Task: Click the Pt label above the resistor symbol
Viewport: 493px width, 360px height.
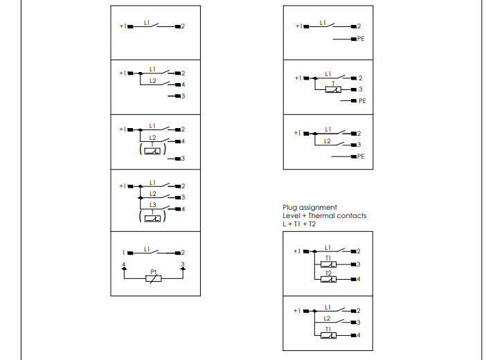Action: point(154,271)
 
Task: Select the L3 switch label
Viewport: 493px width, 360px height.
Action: point(153,204)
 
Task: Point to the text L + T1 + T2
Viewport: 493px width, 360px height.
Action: point(299,224)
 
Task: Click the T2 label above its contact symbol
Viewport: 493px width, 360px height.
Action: point(329,273)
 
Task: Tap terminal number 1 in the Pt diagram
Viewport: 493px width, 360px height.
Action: point(123,253)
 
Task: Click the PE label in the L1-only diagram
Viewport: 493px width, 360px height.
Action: point(361,39)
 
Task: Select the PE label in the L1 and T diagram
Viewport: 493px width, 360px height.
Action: point(362,101)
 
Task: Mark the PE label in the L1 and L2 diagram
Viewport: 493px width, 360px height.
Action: point(361,156)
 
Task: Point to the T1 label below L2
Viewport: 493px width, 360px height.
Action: point(328,330)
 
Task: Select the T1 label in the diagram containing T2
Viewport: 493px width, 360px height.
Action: point(328,258)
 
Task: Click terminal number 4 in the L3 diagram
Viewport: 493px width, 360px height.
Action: point(183,209)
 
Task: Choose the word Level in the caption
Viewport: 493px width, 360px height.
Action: point(291,215)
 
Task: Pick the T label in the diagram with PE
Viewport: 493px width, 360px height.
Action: point(332,83)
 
